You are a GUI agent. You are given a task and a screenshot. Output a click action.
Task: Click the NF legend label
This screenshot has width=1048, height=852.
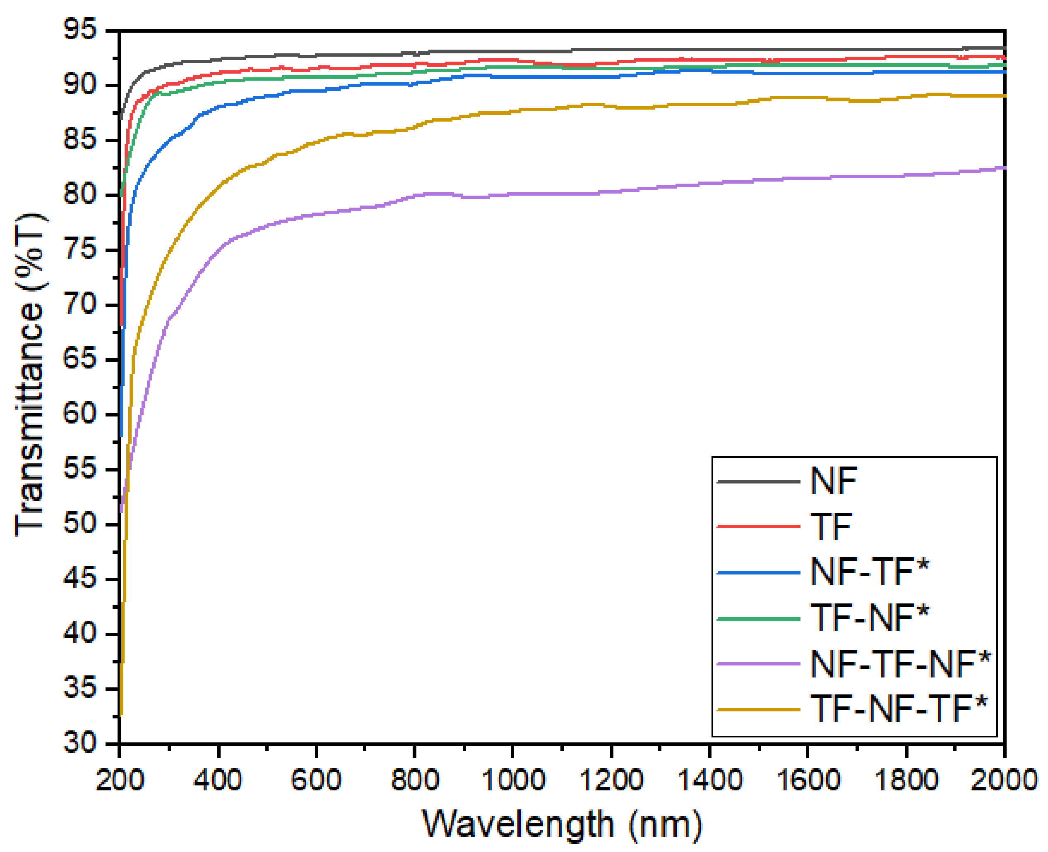833,481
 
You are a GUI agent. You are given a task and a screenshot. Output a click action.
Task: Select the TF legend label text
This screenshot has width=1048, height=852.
831,527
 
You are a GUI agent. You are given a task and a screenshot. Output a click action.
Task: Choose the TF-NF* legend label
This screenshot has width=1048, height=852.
869,618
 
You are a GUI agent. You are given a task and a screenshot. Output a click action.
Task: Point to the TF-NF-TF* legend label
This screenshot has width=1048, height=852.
898,710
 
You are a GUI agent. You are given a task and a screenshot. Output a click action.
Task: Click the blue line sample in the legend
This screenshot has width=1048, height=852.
758,573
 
